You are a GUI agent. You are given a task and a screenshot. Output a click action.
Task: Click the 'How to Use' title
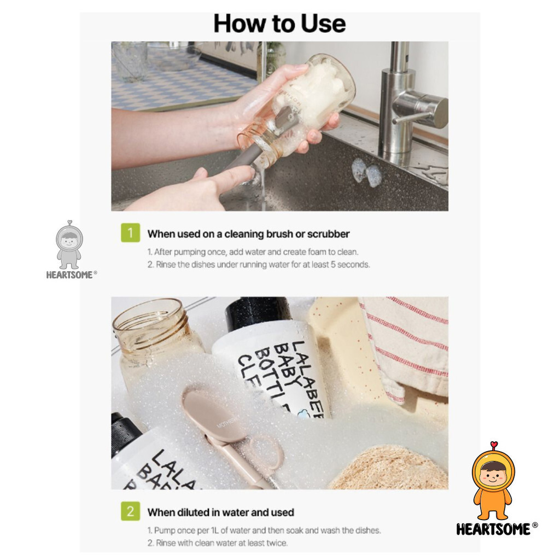tap(279, 24)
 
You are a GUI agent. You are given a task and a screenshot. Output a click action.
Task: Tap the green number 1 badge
tap(130, 233)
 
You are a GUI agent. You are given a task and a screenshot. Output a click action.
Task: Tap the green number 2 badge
tap(130, 511)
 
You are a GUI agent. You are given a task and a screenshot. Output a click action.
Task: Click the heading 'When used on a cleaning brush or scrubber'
tap(249, 234)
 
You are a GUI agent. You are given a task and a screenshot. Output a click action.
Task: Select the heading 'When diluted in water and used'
tap(221, 512)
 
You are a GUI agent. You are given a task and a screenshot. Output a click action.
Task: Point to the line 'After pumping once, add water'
tap(253, 252)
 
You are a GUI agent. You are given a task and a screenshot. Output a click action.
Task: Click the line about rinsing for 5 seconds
tap(259, 265)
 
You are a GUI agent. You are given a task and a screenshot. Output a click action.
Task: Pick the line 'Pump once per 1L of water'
tap(264, 530)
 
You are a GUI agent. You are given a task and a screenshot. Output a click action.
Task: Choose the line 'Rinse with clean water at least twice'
tap(218, 543)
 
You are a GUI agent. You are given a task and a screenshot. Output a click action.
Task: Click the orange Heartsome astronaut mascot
tap(493, 480)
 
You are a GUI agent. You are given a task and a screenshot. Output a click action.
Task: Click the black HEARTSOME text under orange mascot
tap(493, 529)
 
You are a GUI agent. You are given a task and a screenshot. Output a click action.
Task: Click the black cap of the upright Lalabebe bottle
tap(257, 314)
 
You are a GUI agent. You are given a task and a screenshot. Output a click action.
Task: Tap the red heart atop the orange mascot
tap(494, 445)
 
